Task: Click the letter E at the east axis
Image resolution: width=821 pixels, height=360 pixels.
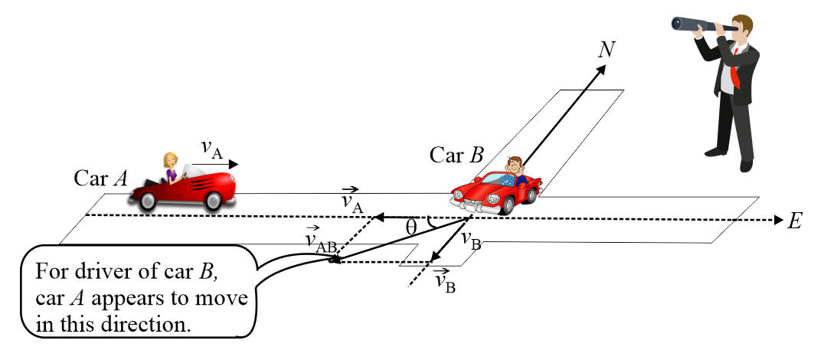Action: tap(794, 221)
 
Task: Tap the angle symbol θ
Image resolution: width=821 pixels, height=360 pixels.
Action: tap(411, 227)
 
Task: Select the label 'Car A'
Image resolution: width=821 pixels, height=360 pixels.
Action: tap(100, 178)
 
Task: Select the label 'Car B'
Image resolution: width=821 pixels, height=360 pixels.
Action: tap(456, 155)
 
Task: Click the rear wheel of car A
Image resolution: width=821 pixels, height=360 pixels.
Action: tap(146, 199)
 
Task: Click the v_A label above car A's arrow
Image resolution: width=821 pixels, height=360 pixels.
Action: tap(211, 148)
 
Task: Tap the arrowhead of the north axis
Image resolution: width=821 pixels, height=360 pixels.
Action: tap(601, 70)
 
